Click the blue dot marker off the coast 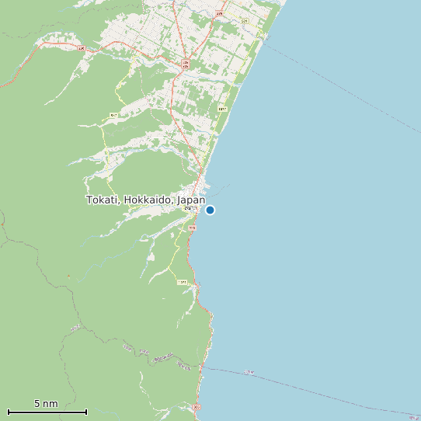[x=210, y=210]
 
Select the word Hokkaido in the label [x=148, y=200]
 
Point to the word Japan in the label [x=191, y=200]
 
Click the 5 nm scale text [x=46, y=404]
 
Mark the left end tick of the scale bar [x=9, y=412]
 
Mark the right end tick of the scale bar [x=86, y=412]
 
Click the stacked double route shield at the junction [x=186, y=64]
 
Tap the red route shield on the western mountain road [x=81, y=47]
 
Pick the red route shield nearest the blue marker [x=192, y=228]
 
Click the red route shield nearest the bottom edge [x=197, y=406]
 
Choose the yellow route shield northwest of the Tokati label [x=113, y=116]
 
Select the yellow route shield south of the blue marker [x=183, y=282]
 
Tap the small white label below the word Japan [x=189, y=208]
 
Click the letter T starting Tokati [x=89, y=200]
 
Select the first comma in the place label [x=120, y=203]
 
